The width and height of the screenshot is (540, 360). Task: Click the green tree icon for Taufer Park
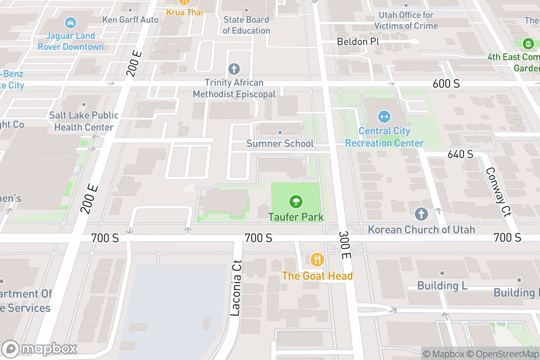296,201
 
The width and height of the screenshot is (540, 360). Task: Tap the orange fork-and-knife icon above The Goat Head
317,259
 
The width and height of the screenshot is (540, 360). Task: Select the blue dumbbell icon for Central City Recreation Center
384,117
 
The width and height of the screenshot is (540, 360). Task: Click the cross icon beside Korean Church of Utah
421,214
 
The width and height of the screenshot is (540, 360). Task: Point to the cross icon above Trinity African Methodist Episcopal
234,69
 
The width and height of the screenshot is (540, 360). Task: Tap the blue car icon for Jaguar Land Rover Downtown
70,22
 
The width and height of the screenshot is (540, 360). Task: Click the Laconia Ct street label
236,288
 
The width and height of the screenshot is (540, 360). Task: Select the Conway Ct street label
499,192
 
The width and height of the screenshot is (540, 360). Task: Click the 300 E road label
345,245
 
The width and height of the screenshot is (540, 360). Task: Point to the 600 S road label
446,84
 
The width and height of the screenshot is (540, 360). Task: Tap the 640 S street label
460,154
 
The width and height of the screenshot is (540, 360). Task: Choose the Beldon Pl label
359,42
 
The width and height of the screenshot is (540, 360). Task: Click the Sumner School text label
280,144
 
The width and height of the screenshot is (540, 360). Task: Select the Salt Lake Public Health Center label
84,121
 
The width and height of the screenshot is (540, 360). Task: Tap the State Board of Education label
246,25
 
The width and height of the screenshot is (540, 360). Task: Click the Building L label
442,285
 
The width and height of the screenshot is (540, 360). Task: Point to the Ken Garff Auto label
130,20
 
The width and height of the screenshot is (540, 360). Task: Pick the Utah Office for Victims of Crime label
406,21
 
